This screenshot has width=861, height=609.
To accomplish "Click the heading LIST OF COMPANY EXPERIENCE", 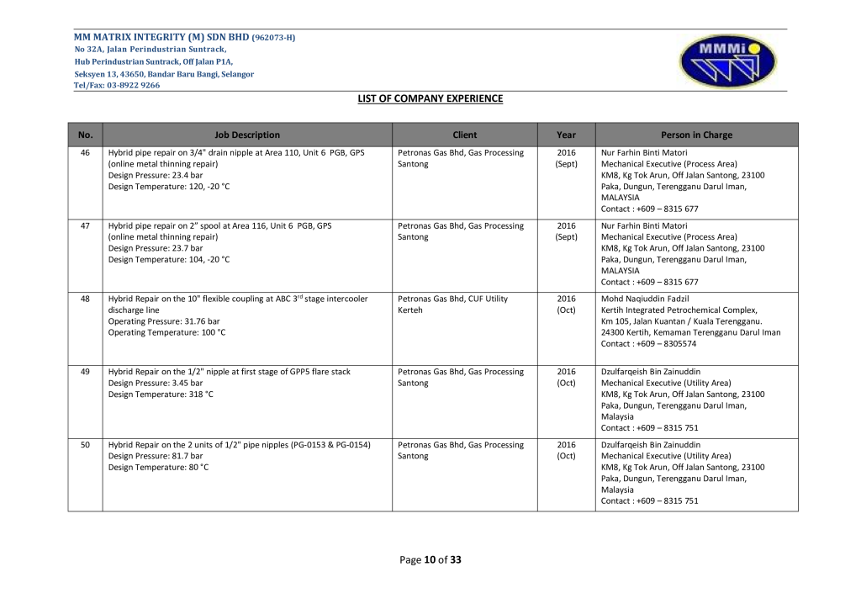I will point(430,98).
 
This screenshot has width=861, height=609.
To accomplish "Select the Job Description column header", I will point(247,135).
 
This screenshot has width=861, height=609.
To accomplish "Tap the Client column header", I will point(464,135).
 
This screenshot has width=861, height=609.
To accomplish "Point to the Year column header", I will point(566,135).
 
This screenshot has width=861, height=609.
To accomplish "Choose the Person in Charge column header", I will point(696,135).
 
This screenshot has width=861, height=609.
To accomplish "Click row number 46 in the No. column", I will point(85,153).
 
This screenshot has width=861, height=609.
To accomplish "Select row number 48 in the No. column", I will point(85,299).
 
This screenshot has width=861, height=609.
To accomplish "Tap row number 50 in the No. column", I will point(85,445).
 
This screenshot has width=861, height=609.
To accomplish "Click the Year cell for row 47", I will point(566,231).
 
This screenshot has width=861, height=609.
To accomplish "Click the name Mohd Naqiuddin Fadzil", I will point(645,299).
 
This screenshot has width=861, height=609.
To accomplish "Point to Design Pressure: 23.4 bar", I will point(156,175).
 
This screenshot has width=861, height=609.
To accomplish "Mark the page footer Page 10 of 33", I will point(430,559).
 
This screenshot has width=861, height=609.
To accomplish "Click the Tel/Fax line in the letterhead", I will point(117,85).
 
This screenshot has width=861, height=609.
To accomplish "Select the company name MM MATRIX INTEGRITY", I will point(160,38).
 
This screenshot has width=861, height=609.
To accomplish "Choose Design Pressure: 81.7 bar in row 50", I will point(156,456).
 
